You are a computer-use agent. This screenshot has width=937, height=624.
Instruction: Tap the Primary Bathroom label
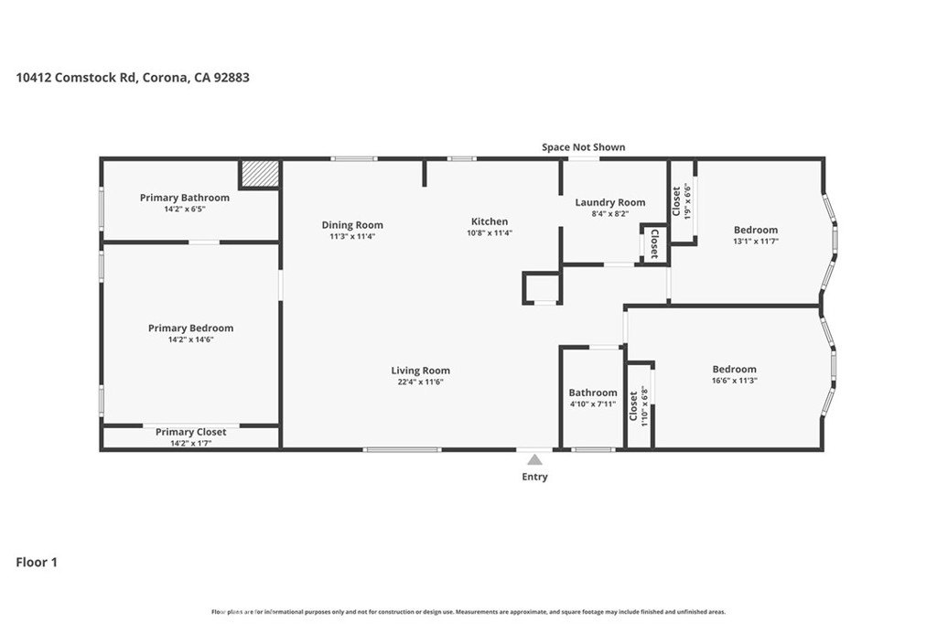185,198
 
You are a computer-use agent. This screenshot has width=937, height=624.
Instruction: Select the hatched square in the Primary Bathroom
259,174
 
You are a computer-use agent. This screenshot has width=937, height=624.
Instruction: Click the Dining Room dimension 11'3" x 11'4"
352,236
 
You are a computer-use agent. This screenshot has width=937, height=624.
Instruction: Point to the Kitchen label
490,221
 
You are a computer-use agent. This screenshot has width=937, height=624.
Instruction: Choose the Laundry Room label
609,202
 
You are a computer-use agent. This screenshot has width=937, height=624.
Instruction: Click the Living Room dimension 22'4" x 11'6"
420,382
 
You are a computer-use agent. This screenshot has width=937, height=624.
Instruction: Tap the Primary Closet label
190,432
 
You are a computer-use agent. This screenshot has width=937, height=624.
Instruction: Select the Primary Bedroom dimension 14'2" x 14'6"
190,339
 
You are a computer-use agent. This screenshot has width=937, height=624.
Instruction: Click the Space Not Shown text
584,147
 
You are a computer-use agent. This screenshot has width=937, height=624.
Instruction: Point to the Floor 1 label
37,563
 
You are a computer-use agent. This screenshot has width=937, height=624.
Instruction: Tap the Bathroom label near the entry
593,393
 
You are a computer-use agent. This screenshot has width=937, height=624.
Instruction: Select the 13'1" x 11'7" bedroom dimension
755,242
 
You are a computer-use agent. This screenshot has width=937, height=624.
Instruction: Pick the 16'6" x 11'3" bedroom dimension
734,381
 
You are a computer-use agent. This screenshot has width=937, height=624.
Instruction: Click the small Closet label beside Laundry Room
654,242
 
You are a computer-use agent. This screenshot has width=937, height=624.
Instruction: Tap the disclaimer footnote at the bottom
468,611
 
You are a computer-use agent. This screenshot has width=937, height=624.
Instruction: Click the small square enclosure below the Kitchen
541,287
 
